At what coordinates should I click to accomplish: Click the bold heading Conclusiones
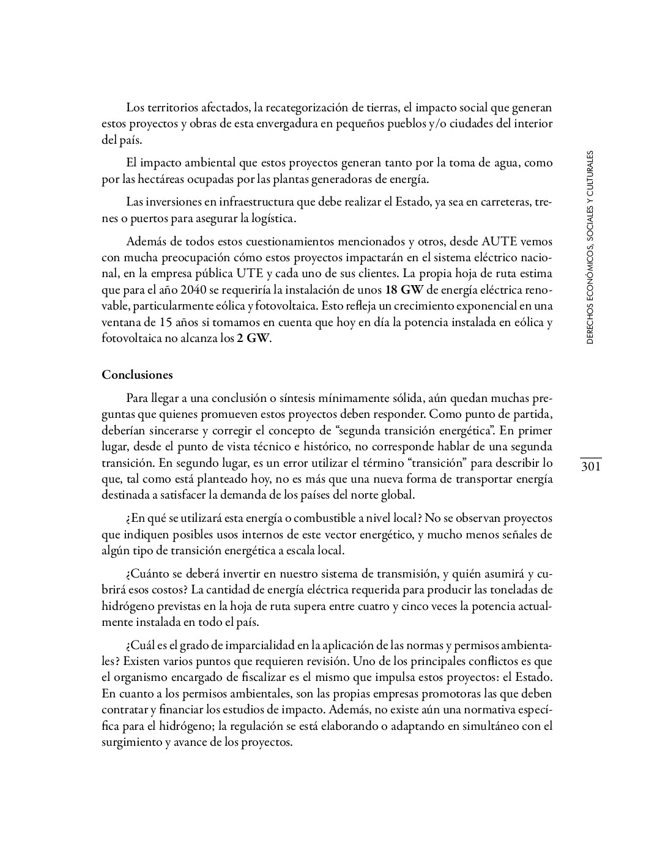pos(137,375)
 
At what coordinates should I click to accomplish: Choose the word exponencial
pos(480,305)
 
